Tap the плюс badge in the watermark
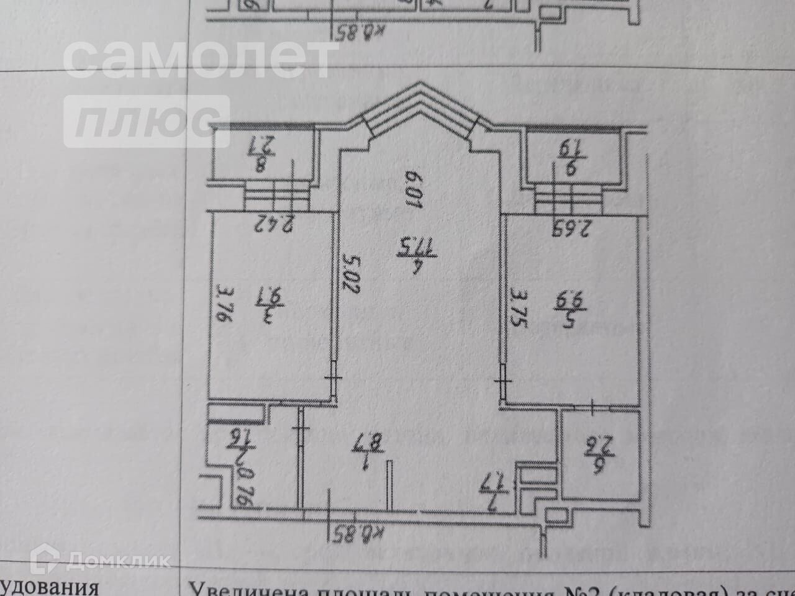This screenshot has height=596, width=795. click(x=146, y=120)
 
